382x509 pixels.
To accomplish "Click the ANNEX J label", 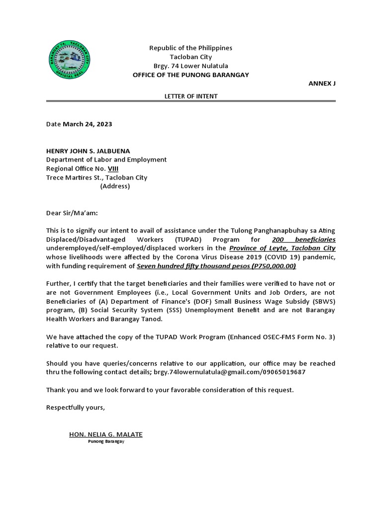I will (322, 84).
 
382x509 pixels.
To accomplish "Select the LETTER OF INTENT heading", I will (191, 96).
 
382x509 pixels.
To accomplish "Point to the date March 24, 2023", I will (87, 124).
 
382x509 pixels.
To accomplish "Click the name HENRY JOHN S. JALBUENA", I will (88, 151).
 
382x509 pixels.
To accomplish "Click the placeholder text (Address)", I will (115, 186).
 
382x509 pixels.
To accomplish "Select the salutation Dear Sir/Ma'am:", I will (72, 213).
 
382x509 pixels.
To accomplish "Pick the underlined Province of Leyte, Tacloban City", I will (282, 248).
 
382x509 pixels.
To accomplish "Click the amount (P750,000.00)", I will (274, 266).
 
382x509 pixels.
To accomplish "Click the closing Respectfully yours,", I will (76, 407).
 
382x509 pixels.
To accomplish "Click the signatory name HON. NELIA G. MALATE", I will (105, 434).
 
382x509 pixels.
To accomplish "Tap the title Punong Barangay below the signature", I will (105, 441).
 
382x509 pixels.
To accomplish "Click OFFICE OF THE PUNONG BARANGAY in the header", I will (191, 75).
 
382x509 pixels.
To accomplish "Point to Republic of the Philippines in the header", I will (191, 48).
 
